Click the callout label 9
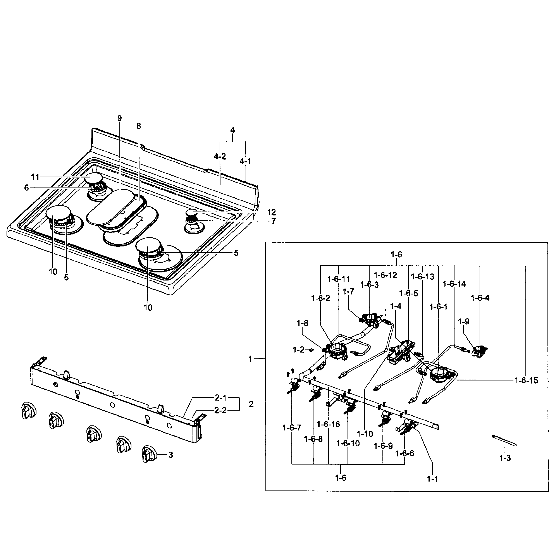pyautogui.click(x=119, y=118)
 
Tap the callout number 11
pyautogui.click(x=35, y=177)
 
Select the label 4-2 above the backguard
pyautogui.click(x=220, y=156)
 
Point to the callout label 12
pyautogui.click(x=271, y=212)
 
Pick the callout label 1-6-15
pyautogui.click(x=526, y=380)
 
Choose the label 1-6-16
pyautogui.click(x=328, y=424)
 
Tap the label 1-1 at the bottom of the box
pyautogui.click(x=432, y=479)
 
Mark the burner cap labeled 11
pyautogui.click(x=93, y=178)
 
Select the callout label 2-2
pyautogui.click(x=220, y=410)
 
